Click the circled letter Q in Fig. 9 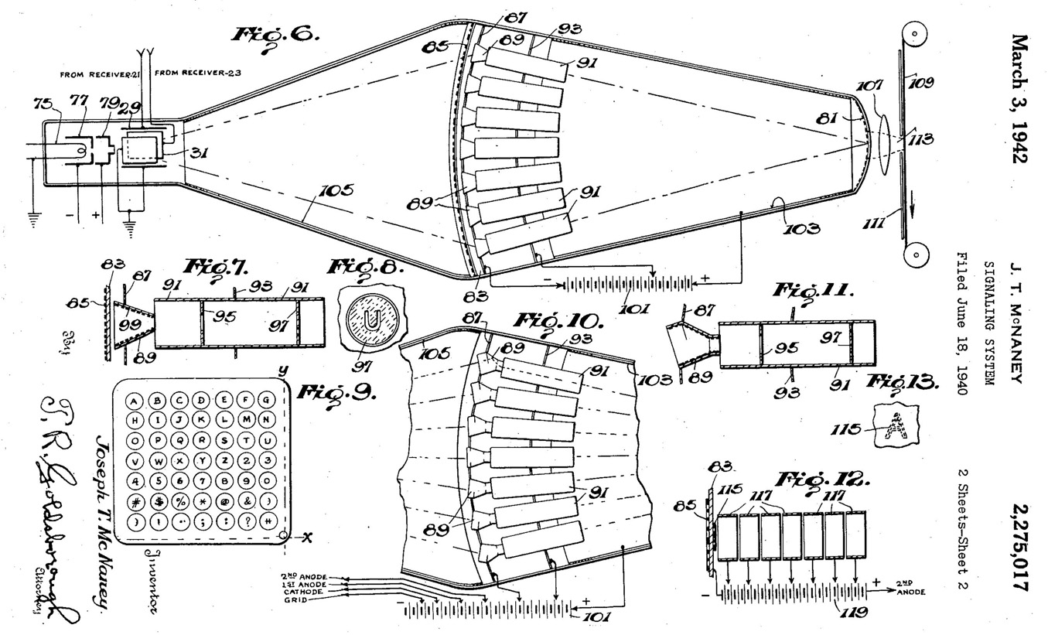pos(179,441)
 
